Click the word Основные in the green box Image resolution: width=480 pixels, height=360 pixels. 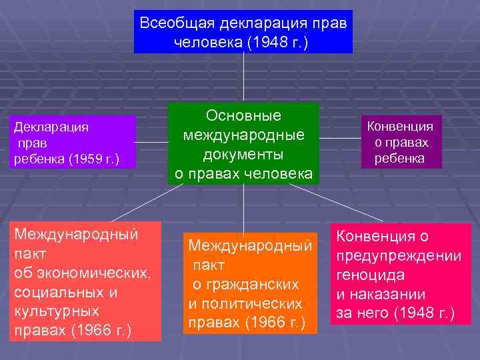point(243,115)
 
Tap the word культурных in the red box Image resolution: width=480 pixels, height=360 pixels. point(57,311)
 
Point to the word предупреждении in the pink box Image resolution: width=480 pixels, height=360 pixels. point(399,255)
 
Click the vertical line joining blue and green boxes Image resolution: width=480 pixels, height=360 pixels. point(243,78)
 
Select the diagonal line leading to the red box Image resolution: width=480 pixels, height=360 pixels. point(147,203)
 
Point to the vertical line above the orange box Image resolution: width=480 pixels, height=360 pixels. point(243,208)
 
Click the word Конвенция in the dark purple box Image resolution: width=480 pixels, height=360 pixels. point(401,127)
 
